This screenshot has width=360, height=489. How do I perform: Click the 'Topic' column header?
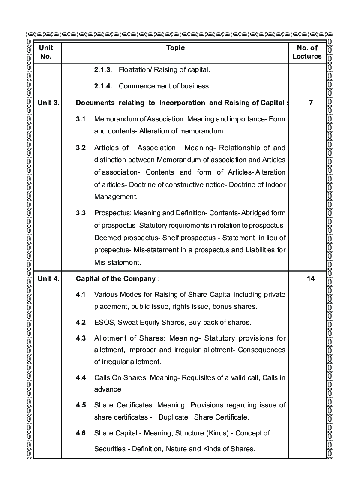[x=175, y=48]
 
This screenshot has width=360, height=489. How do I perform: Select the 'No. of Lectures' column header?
[x=307, y=52]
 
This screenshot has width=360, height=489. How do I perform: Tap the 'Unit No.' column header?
[x=46, y=52]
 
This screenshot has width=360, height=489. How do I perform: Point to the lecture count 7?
[x=311, y=103]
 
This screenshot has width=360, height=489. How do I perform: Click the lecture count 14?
[x=311, y=279]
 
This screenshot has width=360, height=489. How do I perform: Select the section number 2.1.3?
[x=103, y=69]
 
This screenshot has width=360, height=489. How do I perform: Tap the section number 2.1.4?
[x=103, y=86]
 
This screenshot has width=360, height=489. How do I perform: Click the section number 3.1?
[x=81, y=119]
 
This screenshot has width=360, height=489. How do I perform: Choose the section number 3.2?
[x=81, y=148]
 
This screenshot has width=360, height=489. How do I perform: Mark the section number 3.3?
[x=81, y=213]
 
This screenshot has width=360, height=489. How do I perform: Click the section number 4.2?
[x=81, y=322]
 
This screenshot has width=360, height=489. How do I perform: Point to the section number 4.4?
[x=81, y=378]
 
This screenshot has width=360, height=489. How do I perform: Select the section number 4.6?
[x=81, y=433]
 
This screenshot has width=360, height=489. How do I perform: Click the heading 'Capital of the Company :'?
[x=118, y=279]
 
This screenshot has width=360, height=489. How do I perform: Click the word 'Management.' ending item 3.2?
[x=116, y=197]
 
